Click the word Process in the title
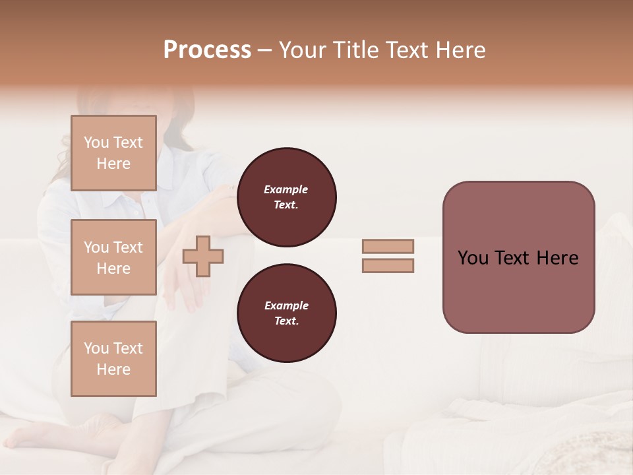207,50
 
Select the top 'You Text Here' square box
113,153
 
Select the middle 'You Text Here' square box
113,257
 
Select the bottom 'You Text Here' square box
113,359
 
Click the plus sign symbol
203,257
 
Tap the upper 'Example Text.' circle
286,197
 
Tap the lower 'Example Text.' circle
286,313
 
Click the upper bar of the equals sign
388,247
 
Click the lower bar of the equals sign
388,266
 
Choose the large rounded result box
518,257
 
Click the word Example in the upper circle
286,189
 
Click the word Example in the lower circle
286,305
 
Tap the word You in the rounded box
473,258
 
